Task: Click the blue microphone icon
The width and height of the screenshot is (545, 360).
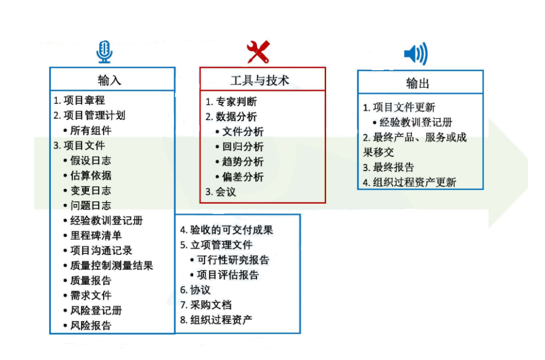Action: (x=104, y=52)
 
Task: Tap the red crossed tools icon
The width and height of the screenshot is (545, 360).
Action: (x=258, y=52)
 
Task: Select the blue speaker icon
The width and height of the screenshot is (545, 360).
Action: (x=416, y=54)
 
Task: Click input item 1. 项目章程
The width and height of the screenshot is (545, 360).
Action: (x=79, y=100)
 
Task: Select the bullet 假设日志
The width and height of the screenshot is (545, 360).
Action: (x=90, y=160)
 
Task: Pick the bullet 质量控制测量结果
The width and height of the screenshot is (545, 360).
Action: (x=111, y=265)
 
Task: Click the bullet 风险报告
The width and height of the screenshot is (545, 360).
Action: (x=90, y=326)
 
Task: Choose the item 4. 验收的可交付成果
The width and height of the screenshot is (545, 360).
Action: (x=226, y=230)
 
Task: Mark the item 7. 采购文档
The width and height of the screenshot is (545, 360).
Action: (x=206, y=305)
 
